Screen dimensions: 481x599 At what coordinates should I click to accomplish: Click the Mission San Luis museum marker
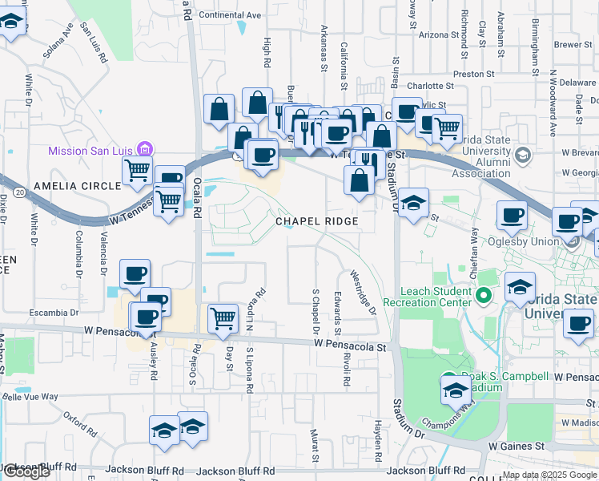pyautogui.click(x=144, y=149)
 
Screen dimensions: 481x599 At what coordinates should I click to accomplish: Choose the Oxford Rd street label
pyautogui.click(x=80, y=418)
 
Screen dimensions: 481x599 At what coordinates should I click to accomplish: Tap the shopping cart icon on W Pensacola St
pyautogui.click(x=222, y=317)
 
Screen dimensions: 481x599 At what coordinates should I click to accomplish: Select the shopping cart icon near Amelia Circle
pyautogui.click(x=137, y=169)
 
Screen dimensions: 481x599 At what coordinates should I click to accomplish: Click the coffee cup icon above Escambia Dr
pyautogui.click(x=135, y=273)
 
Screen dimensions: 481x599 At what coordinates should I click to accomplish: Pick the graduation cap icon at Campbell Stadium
pyautogui.click(x=455, y=390)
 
